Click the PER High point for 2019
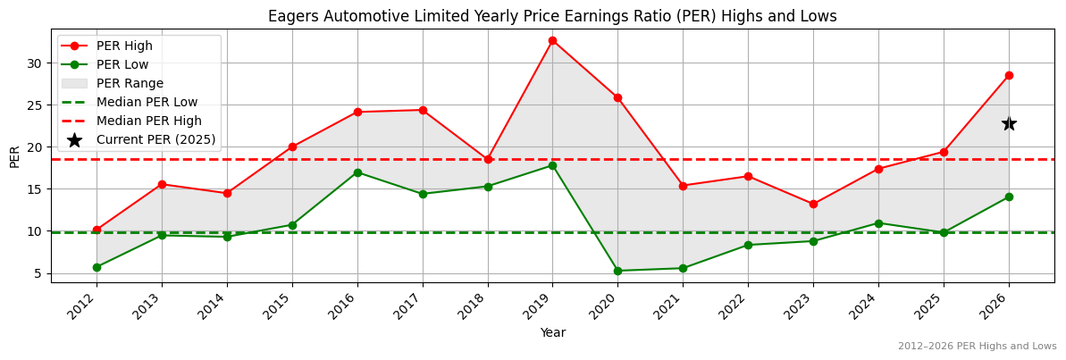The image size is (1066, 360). (552, 40)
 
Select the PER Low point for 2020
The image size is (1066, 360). (617, 271)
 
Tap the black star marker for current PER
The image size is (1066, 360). (1009, 123)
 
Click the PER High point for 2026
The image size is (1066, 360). (1009, 75)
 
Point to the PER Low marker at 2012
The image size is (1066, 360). (97, 267)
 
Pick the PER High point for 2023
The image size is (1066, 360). (813, 205)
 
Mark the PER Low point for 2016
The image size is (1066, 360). (357, 172)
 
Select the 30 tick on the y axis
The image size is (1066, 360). (36, 63)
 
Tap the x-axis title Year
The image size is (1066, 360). (552, 333)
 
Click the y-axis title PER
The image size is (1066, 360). (14, 156)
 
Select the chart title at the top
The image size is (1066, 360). (552, 16)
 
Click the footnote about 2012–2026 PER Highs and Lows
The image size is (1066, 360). (977, 347)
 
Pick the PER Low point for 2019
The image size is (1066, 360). (552, 165)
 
